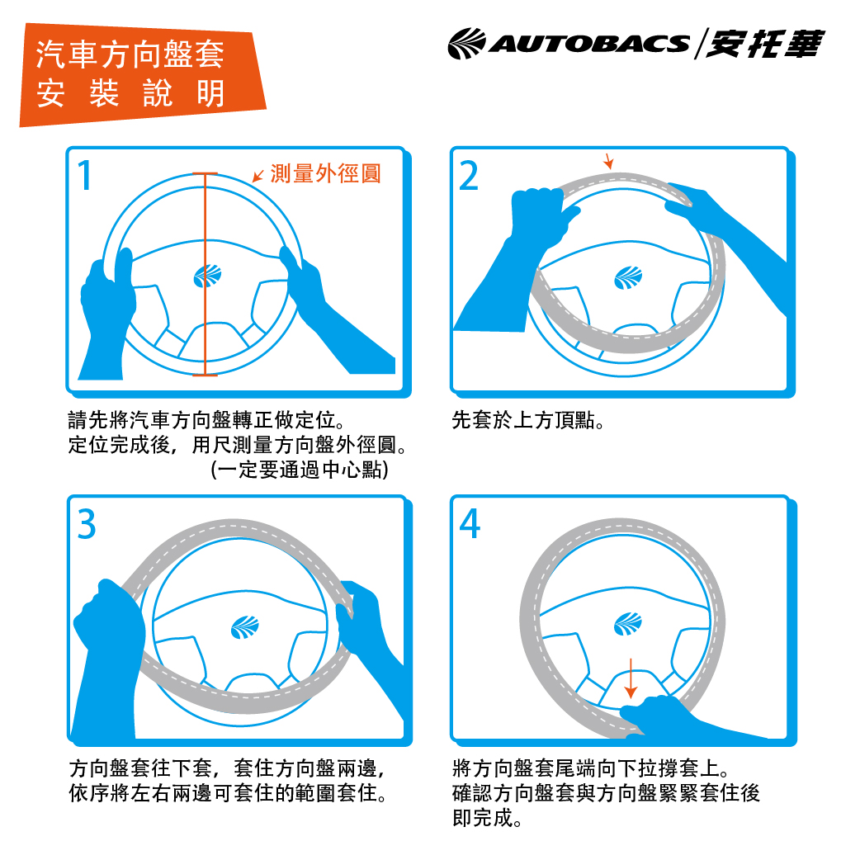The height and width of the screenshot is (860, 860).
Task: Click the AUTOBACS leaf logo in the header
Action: coord(466,43)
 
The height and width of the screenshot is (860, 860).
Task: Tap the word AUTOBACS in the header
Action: coord(588,44)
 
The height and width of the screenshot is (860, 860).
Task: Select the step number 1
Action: coord(84,176)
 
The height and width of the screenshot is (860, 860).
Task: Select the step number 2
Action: coord(469,176)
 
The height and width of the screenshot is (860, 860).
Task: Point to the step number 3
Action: coord(87,524)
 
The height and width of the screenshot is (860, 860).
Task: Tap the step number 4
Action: coord(470,524)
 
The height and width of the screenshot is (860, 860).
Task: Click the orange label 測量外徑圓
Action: coord(326,173)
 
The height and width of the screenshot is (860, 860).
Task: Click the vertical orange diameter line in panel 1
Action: coord(206,274)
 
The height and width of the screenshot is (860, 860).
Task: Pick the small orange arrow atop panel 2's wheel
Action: coord(608,161)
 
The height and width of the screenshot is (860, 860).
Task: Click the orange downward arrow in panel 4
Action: coord(631,678)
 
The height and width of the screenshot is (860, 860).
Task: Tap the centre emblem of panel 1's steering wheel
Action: coord(207,276)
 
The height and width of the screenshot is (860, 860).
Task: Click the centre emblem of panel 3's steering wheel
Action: coord(244,627)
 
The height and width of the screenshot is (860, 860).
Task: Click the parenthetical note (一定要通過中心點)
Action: coord(300,470)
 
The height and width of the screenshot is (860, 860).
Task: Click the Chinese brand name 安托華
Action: coord(764,43)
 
